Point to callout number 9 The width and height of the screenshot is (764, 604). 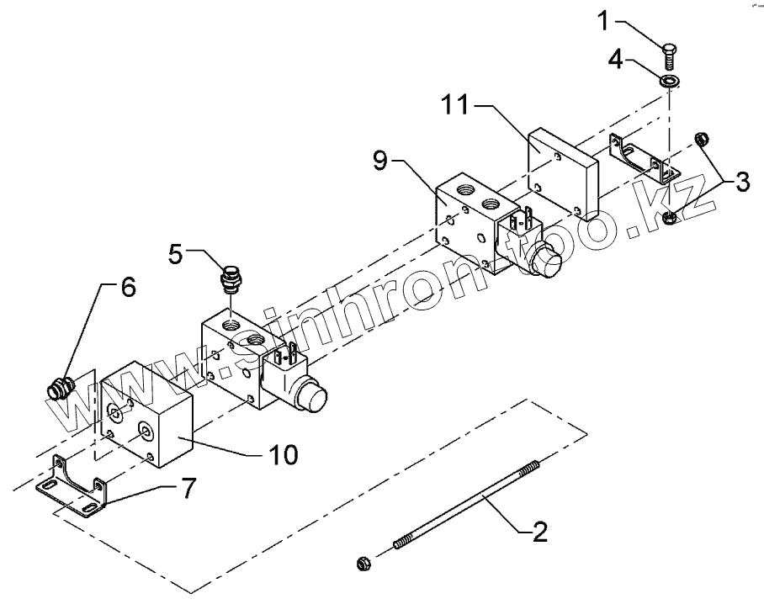pyautogui.click(x=380, y=161)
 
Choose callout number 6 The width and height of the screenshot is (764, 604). pyautogui.click(x=127, y=288)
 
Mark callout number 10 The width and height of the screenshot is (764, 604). pyautogui.click(x=284, y=455)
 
